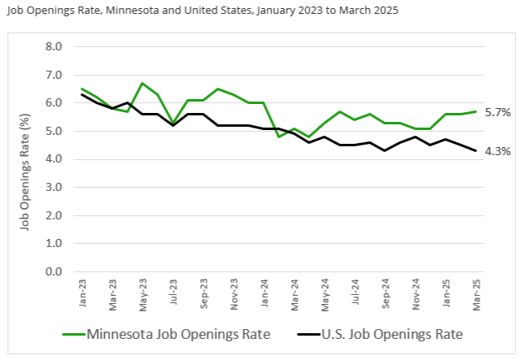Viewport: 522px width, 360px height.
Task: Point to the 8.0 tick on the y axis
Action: [53, 46]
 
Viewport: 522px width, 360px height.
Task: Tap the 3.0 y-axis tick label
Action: [53, 187]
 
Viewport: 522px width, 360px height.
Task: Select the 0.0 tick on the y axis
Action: [53, 271]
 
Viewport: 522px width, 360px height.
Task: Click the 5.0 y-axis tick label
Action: [53, 131]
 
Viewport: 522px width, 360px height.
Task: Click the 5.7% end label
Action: [497, 112]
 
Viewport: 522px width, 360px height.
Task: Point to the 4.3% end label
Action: [497, 151]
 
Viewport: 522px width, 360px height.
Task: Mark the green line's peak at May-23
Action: [142, 83]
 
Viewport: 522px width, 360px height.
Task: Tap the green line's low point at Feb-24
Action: [278, 137]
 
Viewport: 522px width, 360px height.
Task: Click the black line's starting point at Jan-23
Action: [83, 94]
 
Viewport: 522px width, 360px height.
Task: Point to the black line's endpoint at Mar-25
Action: [476, 150]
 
